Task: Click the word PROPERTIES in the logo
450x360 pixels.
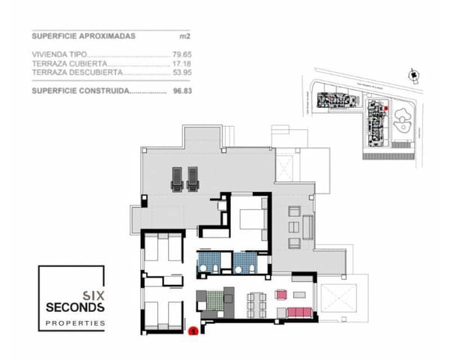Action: coord(76,322)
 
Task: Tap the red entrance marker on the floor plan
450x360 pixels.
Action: coord(193,328)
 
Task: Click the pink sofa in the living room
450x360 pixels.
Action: coord(300,311)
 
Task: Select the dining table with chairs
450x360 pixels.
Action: coord(256,304)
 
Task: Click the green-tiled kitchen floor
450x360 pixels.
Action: coord(215,301)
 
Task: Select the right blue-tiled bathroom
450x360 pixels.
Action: coord(244,262)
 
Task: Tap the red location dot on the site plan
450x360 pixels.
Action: coord(385,109)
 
